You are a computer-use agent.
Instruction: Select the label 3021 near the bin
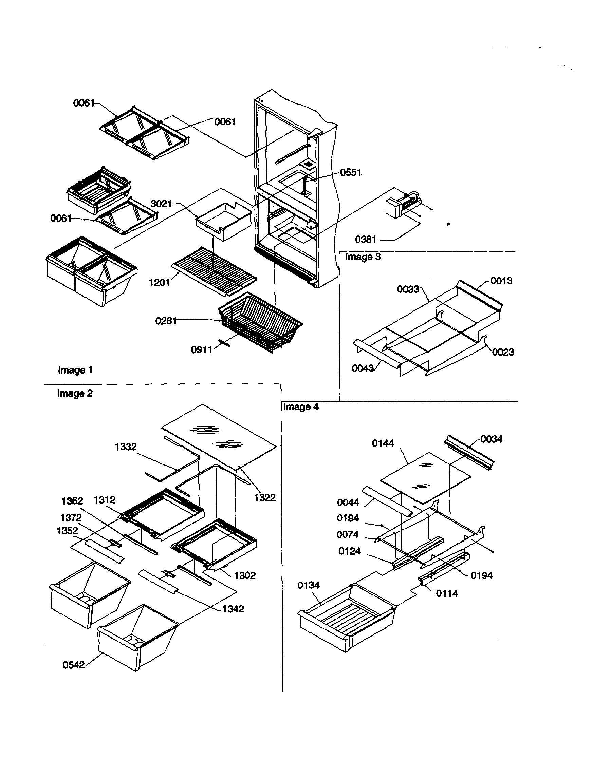pyautogui.click(x=161, y=204)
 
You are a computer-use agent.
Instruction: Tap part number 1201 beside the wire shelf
pyautogui.click(x=159, y=283)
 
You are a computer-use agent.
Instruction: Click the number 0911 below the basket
pyautogui.click(x=202, y=349)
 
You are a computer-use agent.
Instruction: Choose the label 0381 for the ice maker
pyautogui.click(x=366, y=240)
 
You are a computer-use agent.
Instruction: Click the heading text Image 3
pyautogui.click(x=363, y=257)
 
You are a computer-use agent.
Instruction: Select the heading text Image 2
pyautogui.click(x=75, y=393)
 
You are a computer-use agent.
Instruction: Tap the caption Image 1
pyautogui.click(x=75, y=370)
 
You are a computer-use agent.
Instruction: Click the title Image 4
pyautogui.click(x=301, y=407)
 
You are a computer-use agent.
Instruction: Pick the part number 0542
pyautogui.click(x=73, y=665)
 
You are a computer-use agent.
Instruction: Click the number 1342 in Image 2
pyautogui.click(x=233, y=609)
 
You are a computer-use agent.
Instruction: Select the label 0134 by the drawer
pyautogui.click(x=308, y=585)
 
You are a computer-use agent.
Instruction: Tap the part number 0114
pyautogui.click(x=447, y=593)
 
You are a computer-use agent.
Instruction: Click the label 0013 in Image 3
pyautogui.click(x=501, y=281)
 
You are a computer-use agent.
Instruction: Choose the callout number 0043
pyautogui.click(x=363, y=368)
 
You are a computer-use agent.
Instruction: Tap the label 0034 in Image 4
pyautogui.click(x=492, y=439)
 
